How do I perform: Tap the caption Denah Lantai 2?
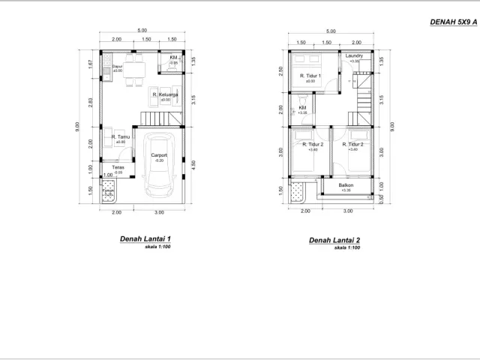point(334,240)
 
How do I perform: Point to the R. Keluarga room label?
point(165,94)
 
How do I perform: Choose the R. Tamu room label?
point(120,137)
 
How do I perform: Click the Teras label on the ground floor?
point(118,167)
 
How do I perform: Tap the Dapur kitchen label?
point(117,67)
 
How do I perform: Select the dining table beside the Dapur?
point(136,69)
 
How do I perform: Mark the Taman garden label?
point(108,190)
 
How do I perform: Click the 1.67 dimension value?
point(90,65)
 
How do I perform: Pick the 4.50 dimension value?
point(193,166)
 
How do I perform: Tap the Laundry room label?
point(355,55)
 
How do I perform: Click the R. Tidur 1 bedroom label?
point(310,76)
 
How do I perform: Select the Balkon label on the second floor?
point(346,184)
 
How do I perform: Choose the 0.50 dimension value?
point(382,199)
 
